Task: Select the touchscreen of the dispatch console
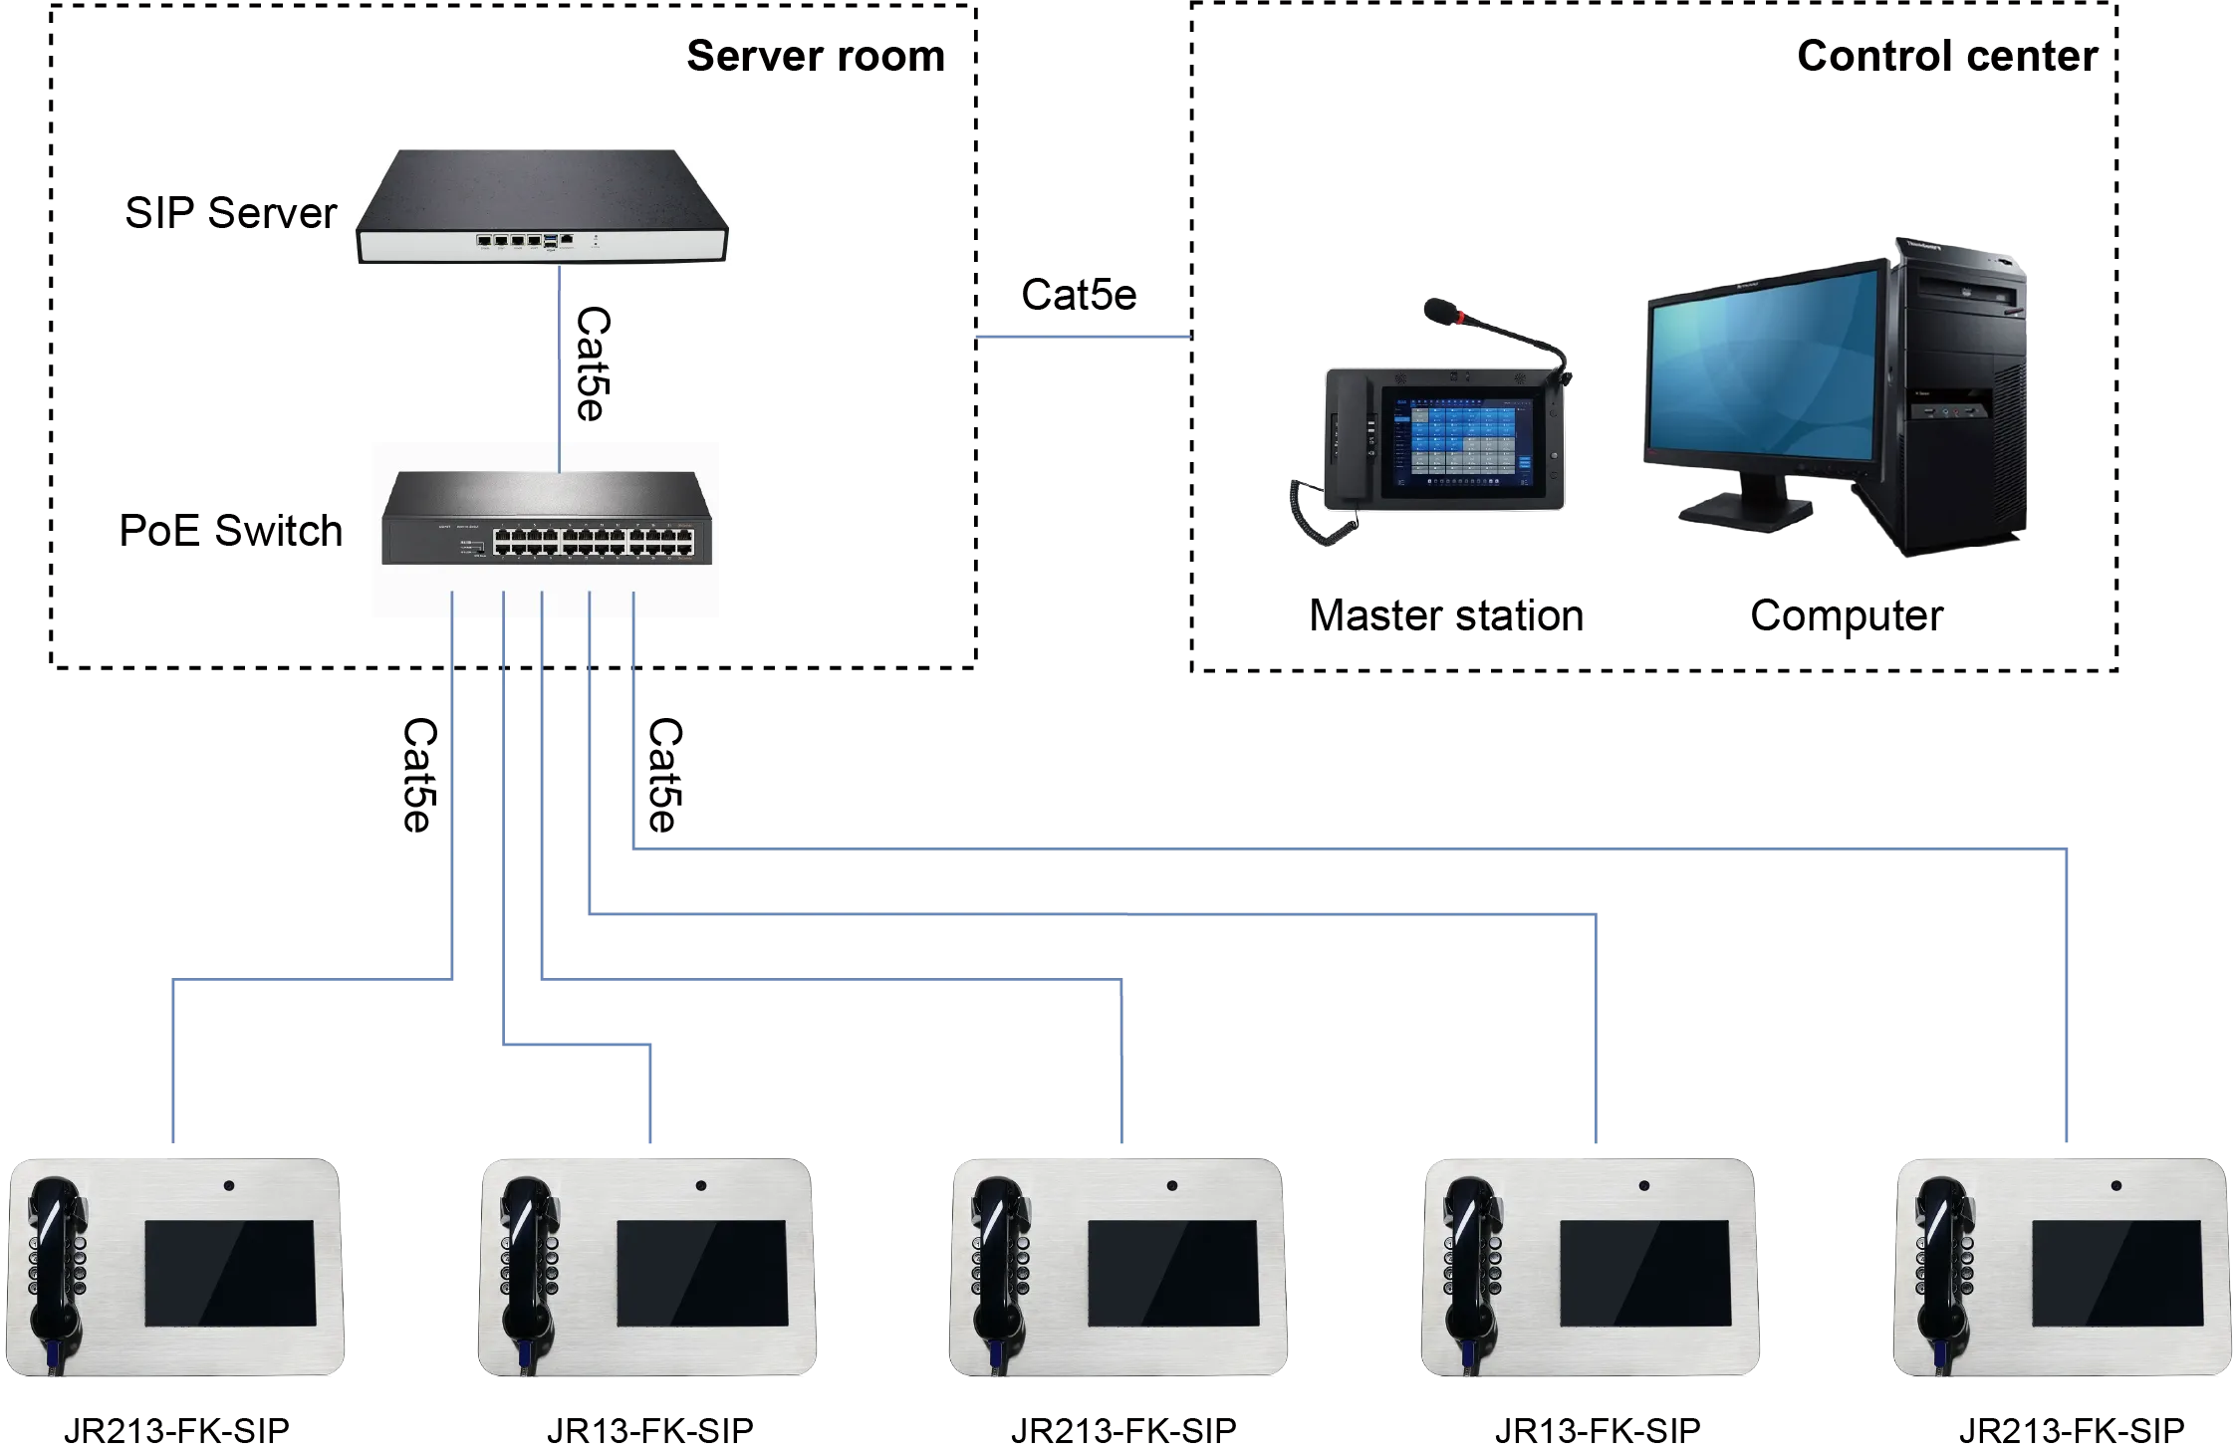point(1464,443)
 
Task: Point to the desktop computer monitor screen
point(1763,368)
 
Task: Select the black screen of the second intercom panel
point(702,1273)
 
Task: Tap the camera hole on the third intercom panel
point(1171,1186)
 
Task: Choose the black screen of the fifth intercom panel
point(2117,1273)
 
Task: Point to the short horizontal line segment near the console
point(1082,340)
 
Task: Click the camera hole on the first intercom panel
point(229,1186)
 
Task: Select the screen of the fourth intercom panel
point(1644,1273)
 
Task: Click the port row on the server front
point(518,240)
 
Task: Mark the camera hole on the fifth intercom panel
point(2115,1186)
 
